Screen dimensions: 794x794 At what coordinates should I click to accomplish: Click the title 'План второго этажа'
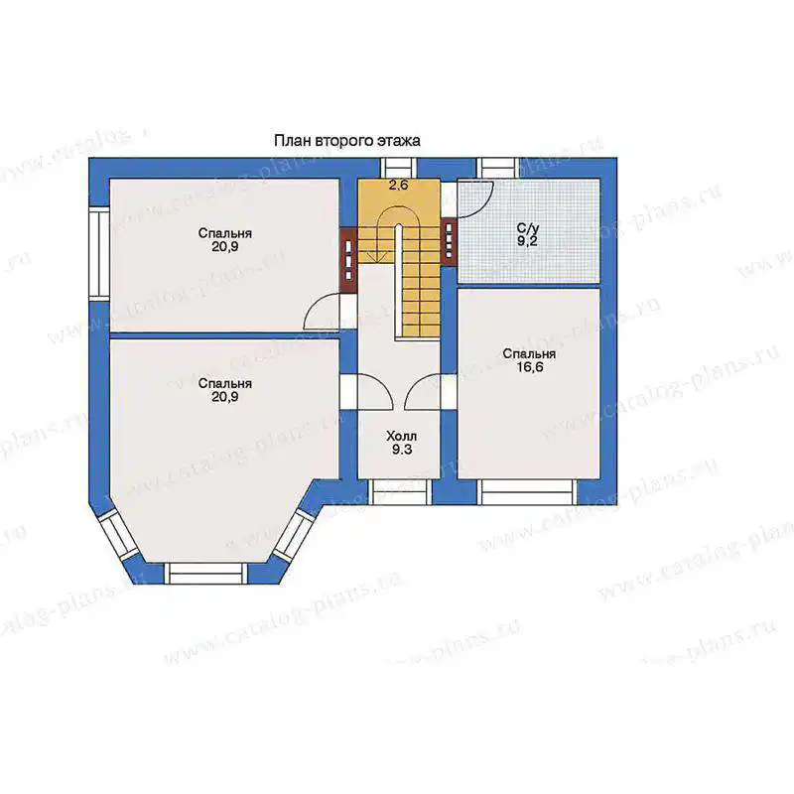pyautogui.click(x=346, y=140)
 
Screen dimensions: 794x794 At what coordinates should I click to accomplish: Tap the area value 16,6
pyautogui.click(x=530, y=367)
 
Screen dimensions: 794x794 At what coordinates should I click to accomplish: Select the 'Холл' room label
pyautogui.click(x=402, y=436)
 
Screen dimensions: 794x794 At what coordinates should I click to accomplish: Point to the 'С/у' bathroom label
pyautogui.click(x=528, y=228)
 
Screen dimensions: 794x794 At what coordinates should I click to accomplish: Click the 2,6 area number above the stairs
pyautogui.click(x=399, y=185)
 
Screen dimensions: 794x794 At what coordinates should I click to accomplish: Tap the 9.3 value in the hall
pyautogui.click(x=402, y=450)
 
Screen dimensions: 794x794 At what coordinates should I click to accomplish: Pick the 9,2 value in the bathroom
pyautogui.click(x=528, y=241)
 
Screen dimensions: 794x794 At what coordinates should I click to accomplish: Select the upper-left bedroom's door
pyautogui.click(x=321, y=313)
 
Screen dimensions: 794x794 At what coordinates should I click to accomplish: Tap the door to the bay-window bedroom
pyautogui.click(x=375, y=391)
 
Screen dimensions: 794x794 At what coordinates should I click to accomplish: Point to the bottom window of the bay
pyautogui.click(x=206, y=574)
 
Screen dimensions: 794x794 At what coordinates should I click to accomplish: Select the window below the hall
pyautogui.click(x=400, y=491)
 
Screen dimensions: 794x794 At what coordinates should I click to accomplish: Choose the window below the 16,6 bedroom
pyautogui.click(x=527, y=491)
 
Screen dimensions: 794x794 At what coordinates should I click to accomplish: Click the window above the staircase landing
pyautogui.click(x=399, y=168)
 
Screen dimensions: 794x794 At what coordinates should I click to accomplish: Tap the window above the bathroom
pyautogui.click(x=498, y=168)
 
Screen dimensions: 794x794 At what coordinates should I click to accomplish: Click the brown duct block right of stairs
pyautogui.click(x=450, y=241)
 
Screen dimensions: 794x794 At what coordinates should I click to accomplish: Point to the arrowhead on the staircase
pyautogui.click(x=375, y=257)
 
